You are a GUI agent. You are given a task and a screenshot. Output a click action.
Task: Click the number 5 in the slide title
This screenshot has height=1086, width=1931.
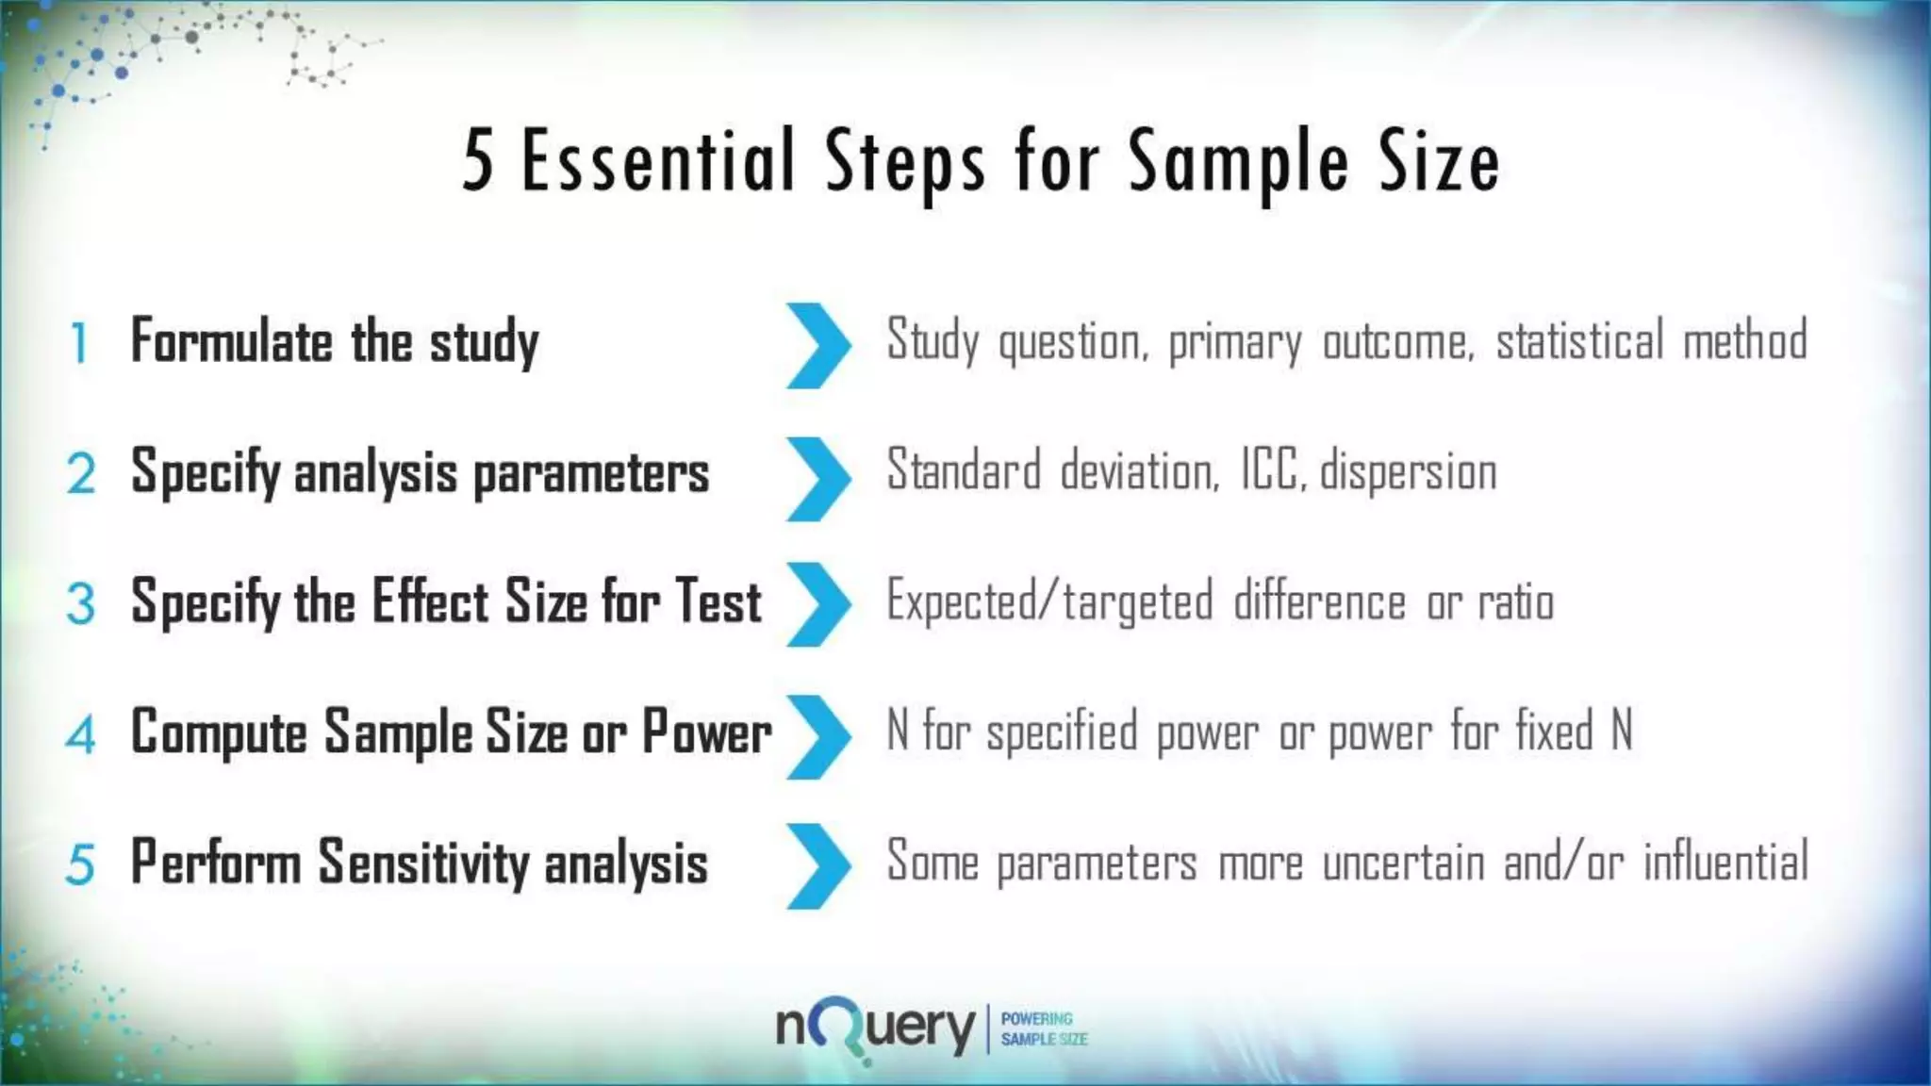pyautogui.click(x=478, y=161)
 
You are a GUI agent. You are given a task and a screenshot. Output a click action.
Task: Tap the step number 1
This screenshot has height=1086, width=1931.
pyautogui.click(x=80, y=343)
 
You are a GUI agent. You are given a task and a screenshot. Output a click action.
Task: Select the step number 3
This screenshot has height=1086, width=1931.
pyautogui.click(x=81, y=603)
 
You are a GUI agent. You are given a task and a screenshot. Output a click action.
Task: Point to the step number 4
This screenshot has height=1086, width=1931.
pyautogui.click(x=81, y=734)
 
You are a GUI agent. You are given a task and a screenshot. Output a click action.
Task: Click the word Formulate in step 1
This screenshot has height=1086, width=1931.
pyautogui.click(x=232, y=340)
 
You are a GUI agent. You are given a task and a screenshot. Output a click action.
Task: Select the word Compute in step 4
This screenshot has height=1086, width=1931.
pyautogui.click(x=219, y=732)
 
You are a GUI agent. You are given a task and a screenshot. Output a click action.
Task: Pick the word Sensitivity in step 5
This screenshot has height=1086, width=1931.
pyautogui.click(x=423, y=862)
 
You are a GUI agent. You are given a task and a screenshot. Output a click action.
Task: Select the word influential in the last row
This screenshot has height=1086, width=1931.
pyautogui.click(x=1725, y=862)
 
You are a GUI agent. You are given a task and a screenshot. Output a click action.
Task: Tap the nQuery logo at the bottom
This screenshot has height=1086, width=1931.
pyautogui.click(x=875, y=1029)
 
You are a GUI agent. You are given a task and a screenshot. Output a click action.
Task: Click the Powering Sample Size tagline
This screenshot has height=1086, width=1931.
pyautogui.click(x=1043, y=1029)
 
